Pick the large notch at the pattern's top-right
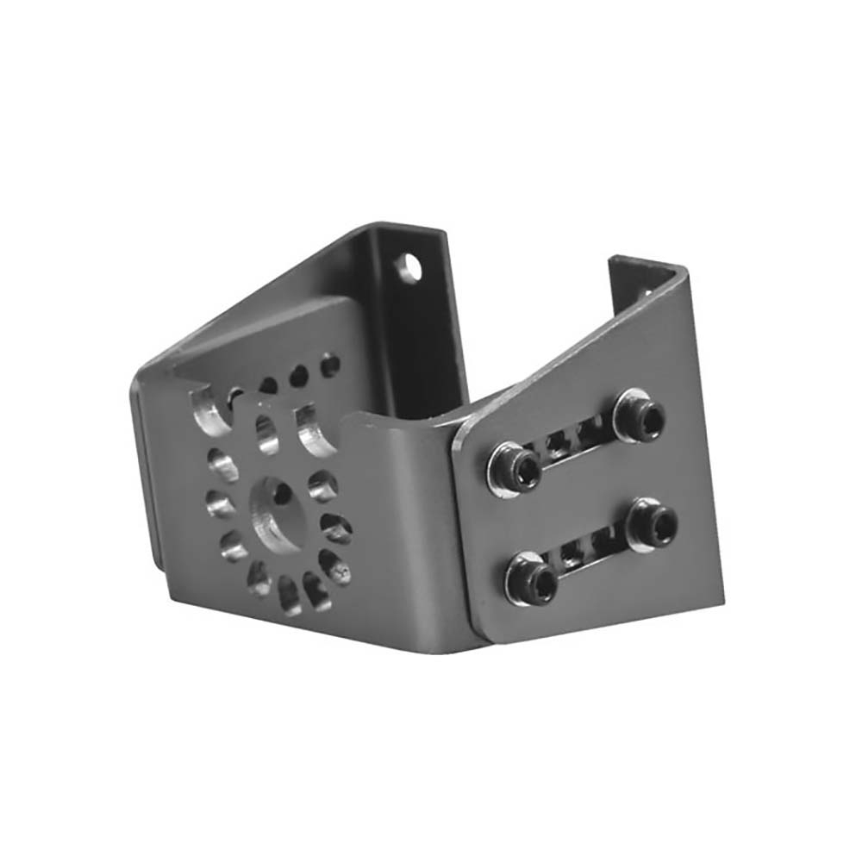(x=314, y=428)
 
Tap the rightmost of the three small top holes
(x=329, y=365)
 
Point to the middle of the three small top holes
(x=298, y=376)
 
